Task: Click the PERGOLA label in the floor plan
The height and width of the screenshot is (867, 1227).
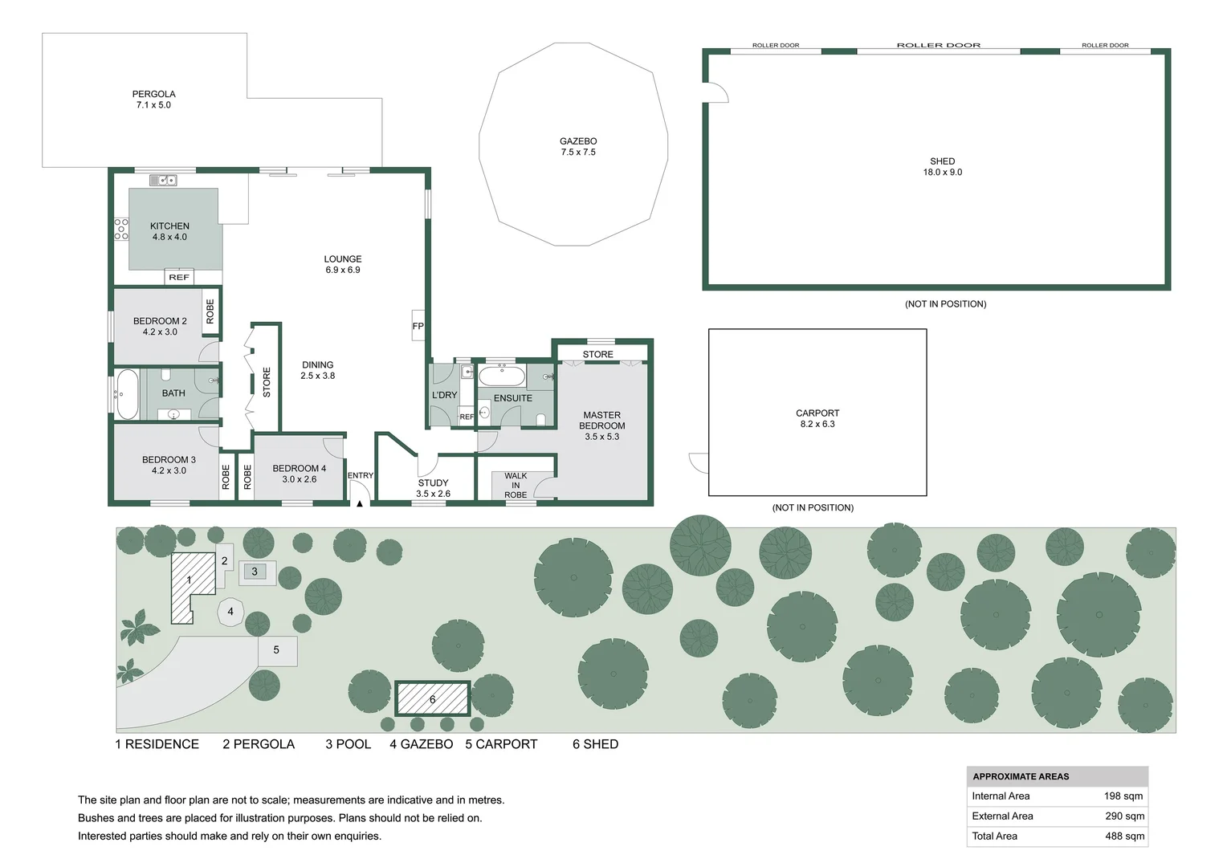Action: (x=153, y=100)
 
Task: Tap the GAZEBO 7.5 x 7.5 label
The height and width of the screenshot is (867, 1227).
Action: (x=578, y=146)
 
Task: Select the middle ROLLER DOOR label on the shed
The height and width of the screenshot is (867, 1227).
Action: (x=938, y=46)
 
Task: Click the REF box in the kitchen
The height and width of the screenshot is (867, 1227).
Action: (x=179, y=277)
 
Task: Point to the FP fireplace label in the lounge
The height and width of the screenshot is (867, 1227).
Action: (x=418, y=326)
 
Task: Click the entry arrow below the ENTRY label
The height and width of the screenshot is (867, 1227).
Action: (x=360, y=503)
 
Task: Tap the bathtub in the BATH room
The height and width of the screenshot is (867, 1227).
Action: (x=127, y=393)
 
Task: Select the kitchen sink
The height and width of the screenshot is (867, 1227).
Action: (x=163, y=181)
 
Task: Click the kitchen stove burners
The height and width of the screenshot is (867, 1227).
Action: (x=121, y=229)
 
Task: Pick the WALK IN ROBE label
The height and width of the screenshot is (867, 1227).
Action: (x=516, y=485)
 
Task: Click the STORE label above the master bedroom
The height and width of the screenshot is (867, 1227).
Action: (x=597, y=354)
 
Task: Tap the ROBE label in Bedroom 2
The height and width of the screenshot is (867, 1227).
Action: (x=210, y=311)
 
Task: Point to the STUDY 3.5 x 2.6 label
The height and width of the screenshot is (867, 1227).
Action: (x=433, y=488)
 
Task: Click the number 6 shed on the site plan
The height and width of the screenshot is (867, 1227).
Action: (x=432, y=699)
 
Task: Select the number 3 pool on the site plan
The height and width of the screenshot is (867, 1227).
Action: (x=255, y=572)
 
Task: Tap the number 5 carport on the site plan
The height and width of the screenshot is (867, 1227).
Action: (x=276, y=650)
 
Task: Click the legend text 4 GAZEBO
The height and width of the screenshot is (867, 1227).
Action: (x=421, y=744)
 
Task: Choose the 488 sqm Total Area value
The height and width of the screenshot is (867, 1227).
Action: (x=1124, y=836)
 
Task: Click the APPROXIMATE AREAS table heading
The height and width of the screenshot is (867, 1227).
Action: (x=1021, y=776)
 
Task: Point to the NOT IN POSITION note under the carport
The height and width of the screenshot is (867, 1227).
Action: (x=813, y=507)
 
